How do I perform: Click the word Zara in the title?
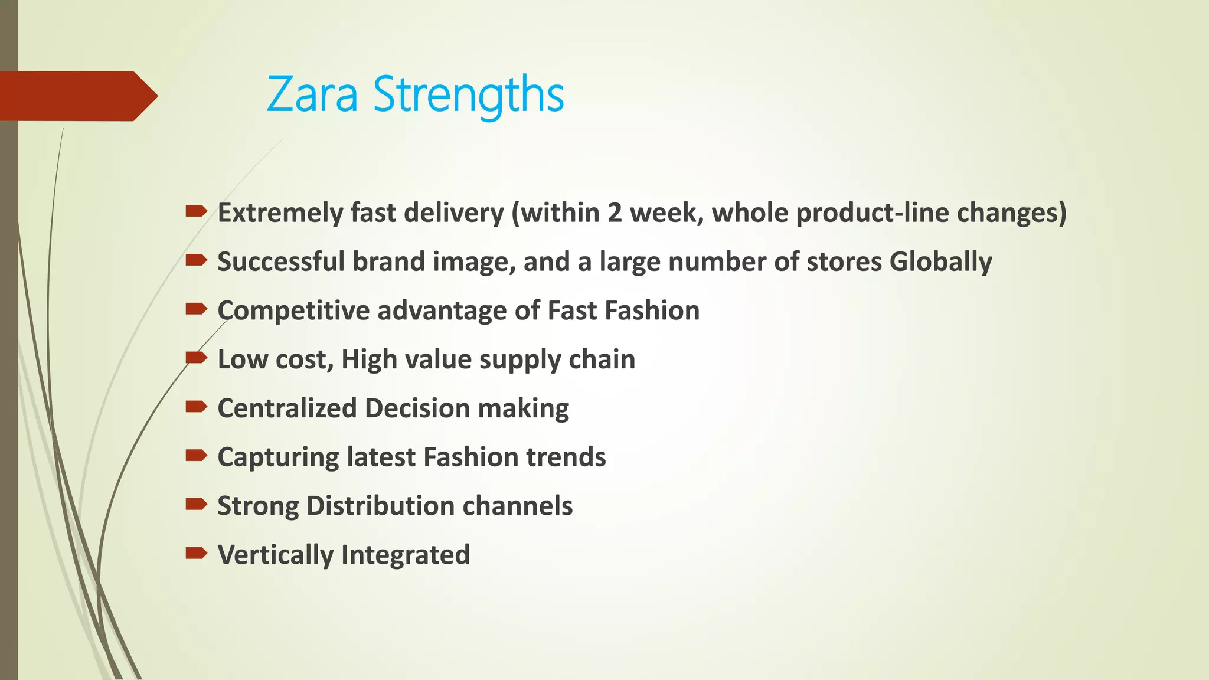tap(312, 94)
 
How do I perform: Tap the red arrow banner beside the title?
tap(77, 96)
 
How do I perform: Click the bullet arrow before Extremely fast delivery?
tap(196, 211)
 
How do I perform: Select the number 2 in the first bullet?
tap(615, 212)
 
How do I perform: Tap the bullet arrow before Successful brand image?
tap(196, 260)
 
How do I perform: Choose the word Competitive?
tap(293, 310)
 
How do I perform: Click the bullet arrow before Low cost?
tap(196, 357)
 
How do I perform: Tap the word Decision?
tap(417, 408)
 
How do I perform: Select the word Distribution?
tap(380, 506)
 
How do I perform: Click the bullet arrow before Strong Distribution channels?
tap(196, 504)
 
